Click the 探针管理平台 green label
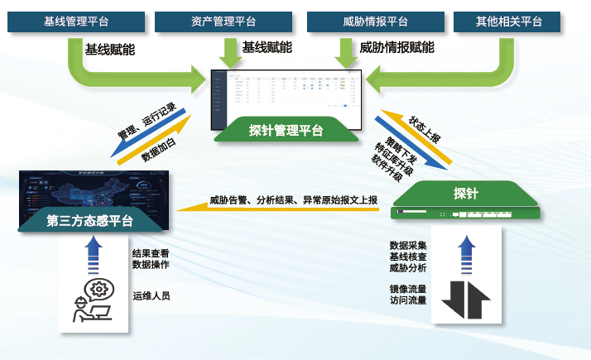(286, 130)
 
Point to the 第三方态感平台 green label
(90, 221)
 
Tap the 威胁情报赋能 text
(397, 48)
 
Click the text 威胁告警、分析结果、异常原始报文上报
(293, 199)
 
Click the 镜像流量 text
(408, 289)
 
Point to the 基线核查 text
(408, 257)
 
